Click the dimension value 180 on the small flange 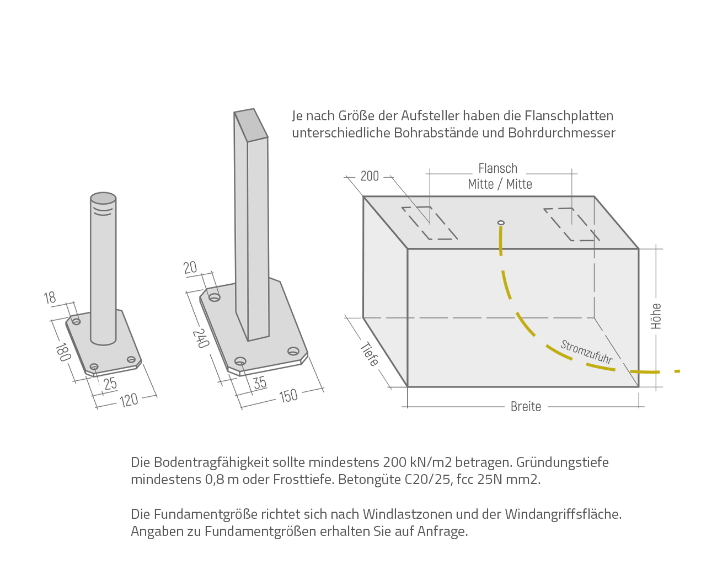point(62,352)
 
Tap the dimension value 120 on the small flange point(129,400)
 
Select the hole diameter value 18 point(50,298)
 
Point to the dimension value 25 point(110,383)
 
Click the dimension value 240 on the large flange point(200,338)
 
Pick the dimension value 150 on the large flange point(288,396)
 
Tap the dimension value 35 point(260,382)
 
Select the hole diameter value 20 point(190,268)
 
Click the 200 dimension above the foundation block point(370,176)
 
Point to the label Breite point(526,407)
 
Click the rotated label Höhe point(656,316)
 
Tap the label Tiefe point(370,354)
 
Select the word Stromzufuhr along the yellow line point(586,352)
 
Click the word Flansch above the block point(497,168)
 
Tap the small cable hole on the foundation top point(501,222)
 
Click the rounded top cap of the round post point(103,198)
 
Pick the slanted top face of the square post point(251,125)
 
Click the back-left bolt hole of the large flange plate point(215,297)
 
